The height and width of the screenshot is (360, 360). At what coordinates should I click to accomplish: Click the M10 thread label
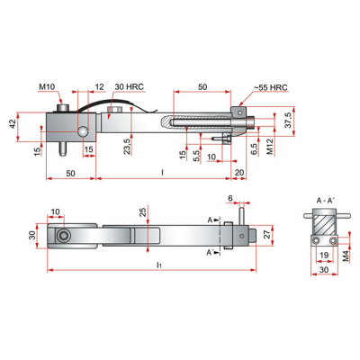(47, 87)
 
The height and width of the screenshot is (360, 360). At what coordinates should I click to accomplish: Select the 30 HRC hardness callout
(129, 86)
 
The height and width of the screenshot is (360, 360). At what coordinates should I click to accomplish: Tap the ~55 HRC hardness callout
(271, 87)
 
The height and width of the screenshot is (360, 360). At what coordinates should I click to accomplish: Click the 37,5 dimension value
(288, 121)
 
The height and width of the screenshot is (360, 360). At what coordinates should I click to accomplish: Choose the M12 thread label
(270, 147)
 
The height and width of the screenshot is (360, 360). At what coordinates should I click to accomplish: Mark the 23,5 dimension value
(126, 147)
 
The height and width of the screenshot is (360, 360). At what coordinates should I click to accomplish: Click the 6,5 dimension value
(254, 148)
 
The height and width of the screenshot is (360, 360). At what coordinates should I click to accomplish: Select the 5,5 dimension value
(196, 156)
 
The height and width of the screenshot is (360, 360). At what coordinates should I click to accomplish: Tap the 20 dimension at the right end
(239, 173)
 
